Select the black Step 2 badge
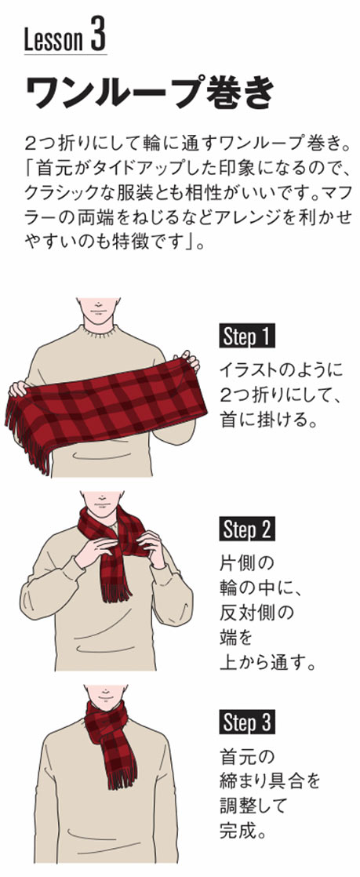[x=246, y=529]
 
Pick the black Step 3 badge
[x=246, y=722]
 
